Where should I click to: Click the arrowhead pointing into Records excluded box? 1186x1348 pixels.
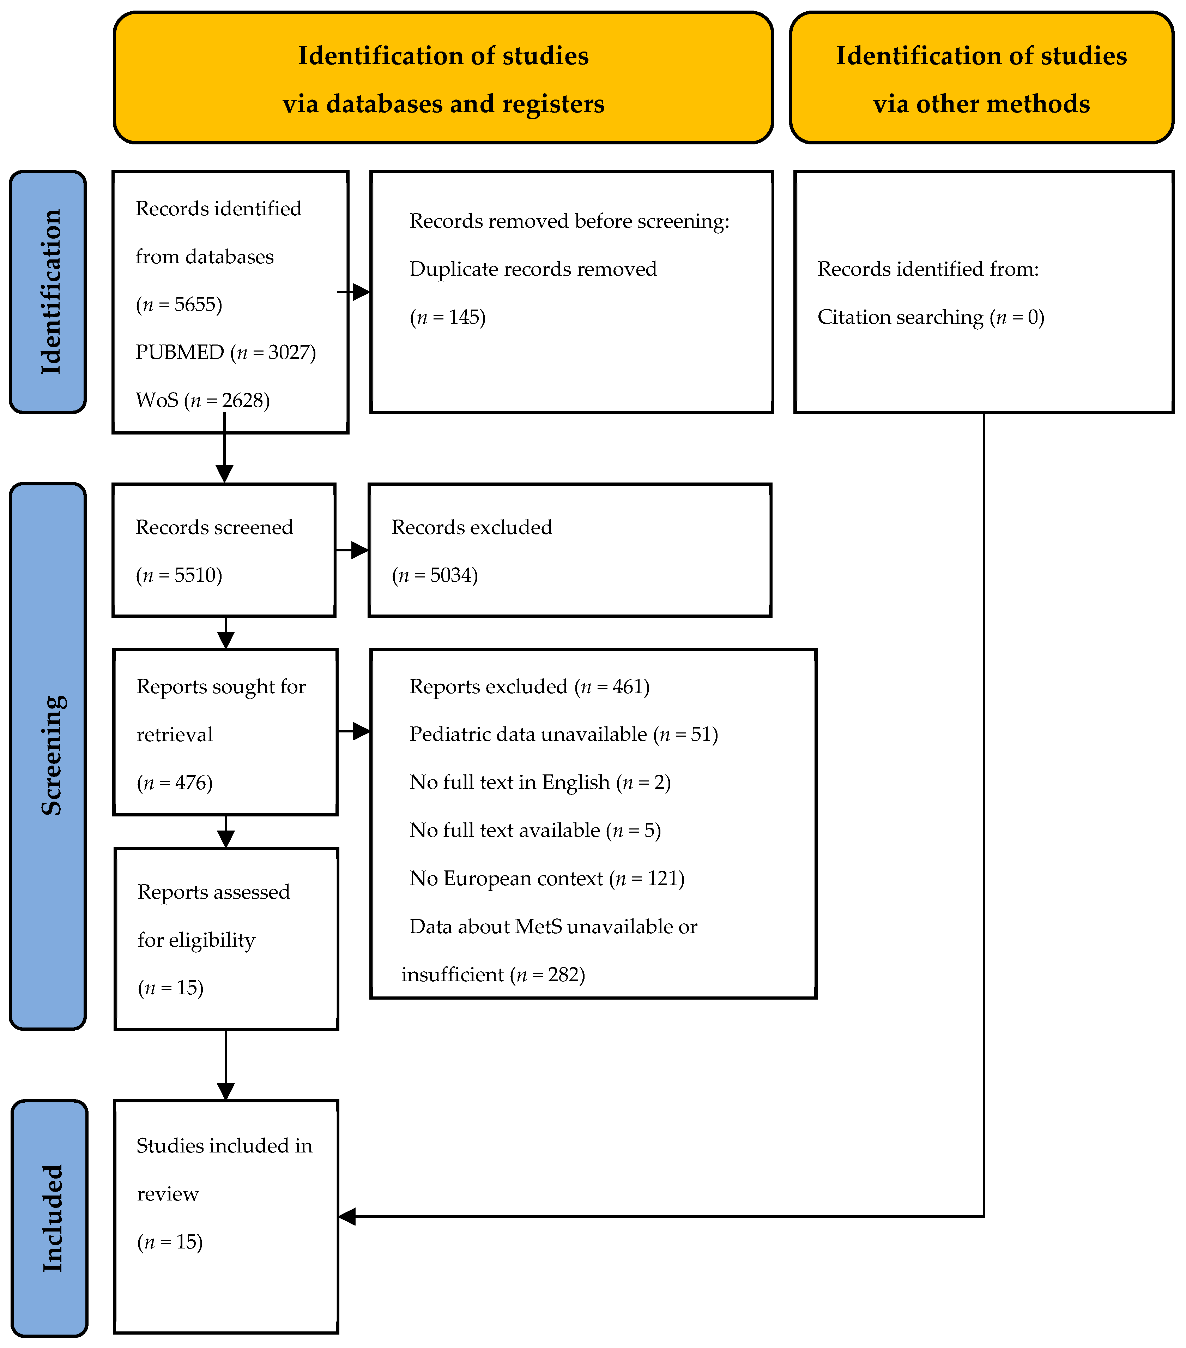360,550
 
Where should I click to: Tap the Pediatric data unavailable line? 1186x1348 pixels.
563,735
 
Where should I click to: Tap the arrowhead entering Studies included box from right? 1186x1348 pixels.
347,1217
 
